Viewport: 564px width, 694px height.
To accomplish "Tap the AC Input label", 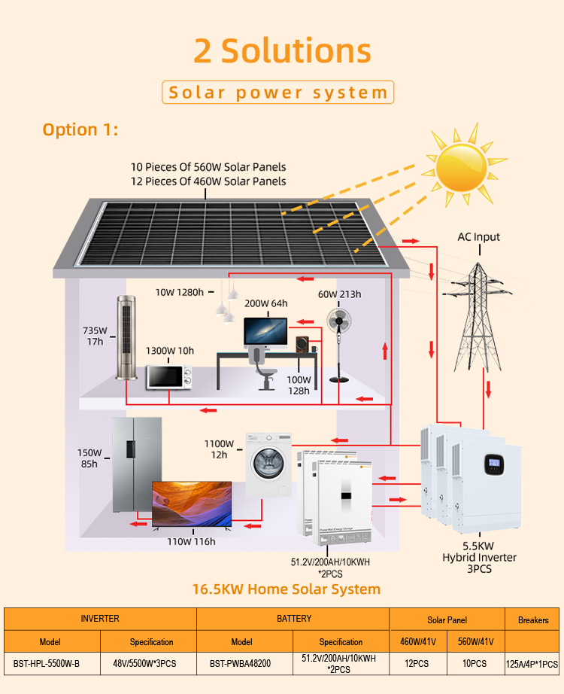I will click(x=478, y=237).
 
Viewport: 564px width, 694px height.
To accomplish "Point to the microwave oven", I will click(x=169, y=376).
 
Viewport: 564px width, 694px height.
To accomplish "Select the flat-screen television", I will click(x=192, y=504).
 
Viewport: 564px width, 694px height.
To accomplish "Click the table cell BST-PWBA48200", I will click(x=241, y=664).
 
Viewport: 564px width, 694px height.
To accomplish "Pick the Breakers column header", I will click(x=533, y=620).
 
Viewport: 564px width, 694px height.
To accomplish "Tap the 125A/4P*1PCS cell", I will click(x=533, y=664).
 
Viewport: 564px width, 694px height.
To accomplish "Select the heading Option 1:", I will click(x=80, y=129).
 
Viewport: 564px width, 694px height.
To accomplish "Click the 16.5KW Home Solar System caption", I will click(x=286, y=589).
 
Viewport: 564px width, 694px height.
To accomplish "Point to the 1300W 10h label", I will click(x=169, y=351).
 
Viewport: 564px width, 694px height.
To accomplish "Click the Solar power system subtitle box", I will click(x=278, y=93).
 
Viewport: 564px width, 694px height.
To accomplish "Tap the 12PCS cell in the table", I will click(x=418, y=664).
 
